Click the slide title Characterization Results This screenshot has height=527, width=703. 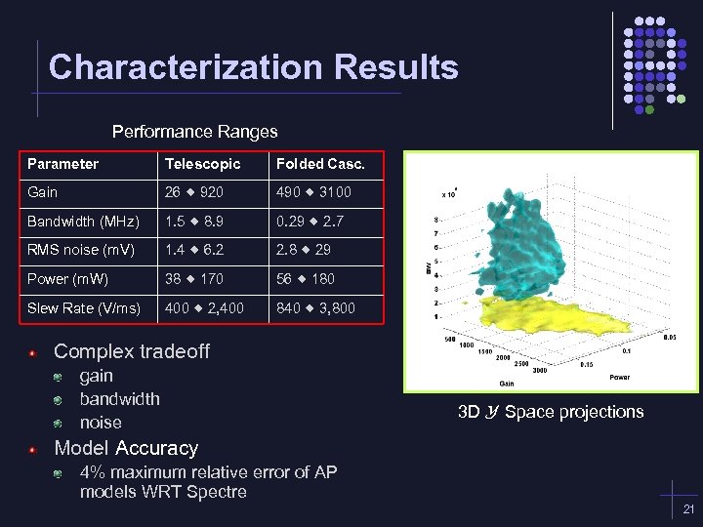253,67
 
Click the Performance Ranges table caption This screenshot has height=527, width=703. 194,131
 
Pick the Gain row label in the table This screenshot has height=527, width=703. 43,192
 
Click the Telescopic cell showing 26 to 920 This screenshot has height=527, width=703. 194,192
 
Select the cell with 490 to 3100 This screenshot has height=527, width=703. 313,192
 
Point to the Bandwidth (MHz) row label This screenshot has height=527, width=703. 83,222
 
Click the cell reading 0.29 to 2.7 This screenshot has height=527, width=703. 310,222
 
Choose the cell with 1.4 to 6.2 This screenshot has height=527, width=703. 194,250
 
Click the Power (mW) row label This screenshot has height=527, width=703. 68,279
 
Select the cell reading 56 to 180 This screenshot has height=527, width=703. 305,279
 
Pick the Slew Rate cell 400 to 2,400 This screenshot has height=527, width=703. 204,308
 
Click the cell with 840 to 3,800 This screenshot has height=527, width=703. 315,308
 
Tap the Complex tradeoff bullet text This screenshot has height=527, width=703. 131,351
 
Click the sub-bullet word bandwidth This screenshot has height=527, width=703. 119,399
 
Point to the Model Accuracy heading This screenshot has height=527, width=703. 125,448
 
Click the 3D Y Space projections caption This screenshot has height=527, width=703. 551,412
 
